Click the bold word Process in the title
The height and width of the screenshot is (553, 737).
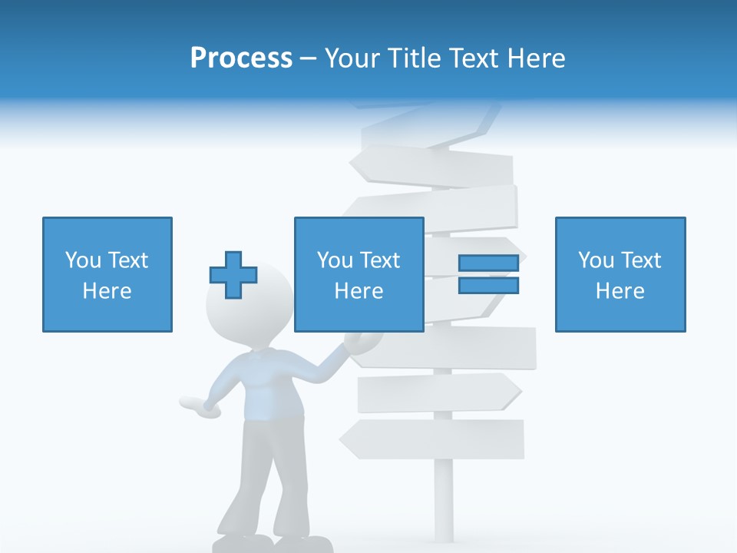(241, 58)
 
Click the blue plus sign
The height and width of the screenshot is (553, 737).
(233, 275)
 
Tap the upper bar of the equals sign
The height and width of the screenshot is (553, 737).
(488, 263)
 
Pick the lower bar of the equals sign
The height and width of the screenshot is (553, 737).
(488, 286)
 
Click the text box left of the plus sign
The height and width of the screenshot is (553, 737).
(107, 274)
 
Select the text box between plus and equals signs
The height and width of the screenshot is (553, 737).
(359, 274)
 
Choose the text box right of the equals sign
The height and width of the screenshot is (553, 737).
(620, 274)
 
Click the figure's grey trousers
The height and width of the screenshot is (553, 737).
(261, 476)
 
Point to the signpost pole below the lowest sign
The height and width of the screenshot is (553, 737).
(444, 499)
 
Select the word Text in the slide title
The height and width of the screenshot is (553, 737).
(471, 58)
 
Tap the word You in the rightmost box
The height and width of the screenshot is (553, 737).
(595, 260)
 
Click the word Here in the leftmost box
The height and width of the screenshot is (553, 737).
(107, 291)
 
